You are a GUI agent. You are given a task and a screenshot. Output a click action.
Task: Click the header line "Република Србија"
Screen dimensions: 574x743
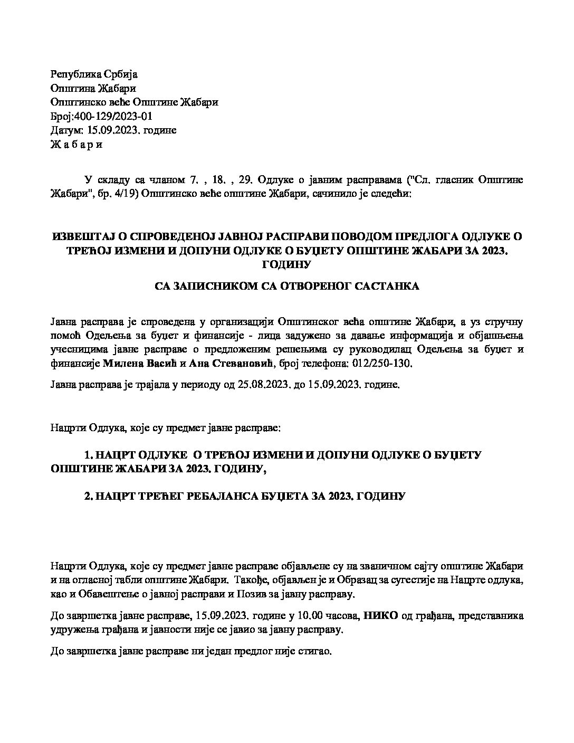click(93, 74)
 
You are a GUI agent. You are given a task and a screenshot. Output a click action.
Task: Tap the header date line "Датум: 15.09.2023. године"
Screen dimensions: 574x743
click(113, 130)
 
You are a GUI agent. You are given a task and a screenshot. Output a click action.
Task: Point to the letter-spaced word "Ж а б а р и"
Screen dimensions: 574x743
click(76, 144)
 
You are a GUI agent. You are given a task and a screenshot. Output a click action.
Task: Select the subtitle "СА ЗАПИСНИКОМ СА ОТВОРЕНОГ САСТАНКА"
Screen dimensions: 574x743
click(286, 287)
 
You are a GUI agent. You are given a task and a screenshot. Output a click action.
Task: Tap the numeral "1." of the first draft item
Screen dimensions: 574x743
click(88, 455)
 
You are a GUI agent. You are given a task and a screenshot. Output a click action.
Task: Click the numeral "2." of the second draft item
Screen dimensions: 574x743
click(89, 497)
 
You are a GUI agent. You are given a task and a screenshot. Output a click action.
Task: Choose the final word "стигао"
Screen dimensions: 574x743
click(317, 651)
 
